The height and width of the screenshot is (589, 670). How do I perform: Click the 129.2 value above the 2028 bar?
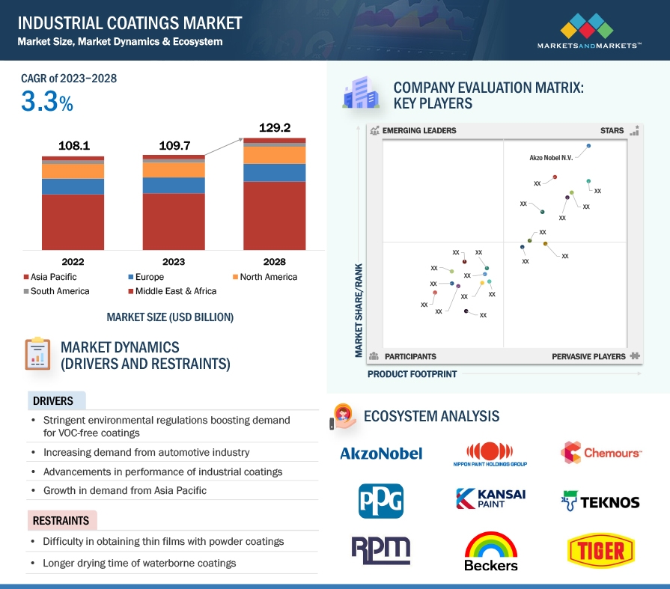(275, 128)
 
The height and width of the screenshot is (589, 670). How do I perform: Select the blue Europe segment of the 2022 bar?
(73, 186)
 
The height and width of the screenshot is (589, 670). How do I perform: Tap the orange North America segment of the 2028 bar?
(274, 156)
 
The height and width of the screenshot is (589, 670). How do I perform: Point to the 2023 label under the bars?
(174, 262)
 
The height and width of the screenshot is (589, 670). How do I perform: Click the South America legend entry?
(56, 291)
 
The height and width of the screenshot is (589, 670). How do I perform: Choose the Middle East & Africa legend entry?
(172, 291)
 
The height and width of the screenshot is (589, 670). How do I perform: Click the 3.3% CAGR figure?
(47, 102)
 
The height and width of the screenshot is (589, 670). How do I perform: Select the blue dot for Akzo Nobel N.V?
(588, 146)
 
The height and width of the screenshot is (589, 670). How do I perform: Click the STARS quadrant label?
(612, 130)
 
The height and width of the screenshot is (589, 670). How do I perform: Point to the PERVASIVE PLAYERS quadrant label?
(588, 356)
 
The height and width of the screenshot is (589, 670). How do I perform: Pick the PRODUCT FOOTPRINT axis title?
(412, 374)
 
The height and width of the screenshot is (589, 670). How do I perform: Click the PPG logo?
(381, 501)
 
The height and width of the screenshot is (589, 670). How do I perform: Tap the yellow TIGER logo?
(601, 551)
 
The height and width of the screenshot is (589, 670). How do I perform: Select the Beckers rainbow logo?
(491, 552)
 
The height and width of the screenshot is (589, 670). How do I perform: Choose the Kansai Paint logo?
(490, 498)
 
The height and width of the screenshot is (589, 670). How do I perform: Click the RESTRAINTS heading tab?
(61, 521)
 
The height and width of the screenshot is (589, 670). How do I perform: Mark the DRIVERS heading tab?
(56, 400)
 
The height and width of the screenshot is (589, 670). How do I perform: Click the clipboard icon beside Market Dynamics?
(37, 354)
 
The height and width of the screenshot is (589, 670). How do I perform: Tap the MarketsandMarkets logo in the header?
(589, 31)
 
